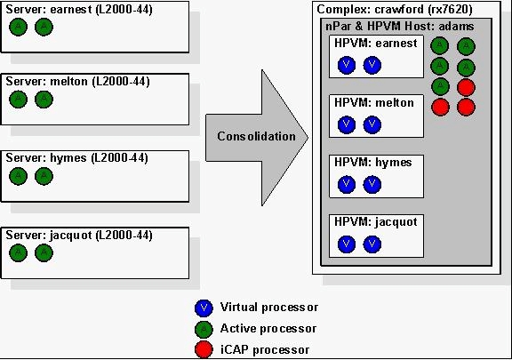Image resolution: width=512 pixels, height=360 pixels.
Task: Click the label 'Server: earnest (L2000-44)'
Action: (79, 10)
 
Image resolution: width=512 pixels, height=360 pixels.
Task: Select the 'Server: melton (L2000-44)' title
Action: (77, 82)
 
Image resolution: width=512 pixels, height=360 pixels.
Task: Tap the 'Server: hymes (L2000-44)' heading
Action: (76, 158)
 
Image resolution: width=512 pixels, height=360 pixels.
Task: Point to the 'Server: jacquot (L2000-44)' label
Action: (79, 236)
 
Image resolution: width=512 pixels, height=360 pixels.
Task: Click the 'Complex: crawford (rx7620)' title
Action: (395, 10)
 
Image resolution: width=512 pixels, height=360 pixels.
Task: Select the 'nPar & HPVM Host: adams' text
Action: (400, 26)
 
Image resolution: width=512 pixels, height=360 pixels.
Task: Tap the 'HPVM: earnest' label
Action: (375, 44)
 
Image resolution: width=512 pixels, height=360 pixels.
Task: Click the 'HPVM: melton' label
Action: (374, 103)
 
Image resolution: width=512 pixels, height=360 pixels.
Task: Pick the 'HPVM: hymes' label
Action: (373, 163)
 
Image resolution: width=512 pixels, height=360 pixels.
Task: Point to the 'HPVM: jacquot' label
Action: (375, 222)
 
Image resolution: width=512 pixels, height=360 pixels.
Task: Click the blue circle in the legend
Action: (204, 308)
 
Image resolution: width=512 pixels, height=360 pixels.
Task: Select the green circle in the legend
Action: (204, 329)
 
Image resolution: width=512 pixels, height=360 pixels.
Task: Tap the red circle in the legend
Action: (204, 349)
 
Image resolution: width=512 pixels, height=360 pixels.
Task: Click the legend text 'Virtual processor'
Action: (269, 307)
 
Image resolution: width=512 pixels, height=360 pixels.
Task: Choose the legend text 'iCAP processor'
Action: (265, 350)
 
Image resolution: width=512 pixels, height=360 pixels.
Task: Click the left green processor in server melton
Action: (19, 100)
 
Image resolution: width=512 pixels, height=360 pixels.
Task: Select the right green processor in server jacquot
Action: (44, 252)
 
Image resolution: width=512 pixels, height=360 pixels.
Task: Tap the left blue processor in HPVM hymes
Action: (347, 184)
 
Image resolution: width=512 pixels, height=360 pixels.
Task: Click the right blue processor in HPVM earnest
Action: (372, 65)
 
